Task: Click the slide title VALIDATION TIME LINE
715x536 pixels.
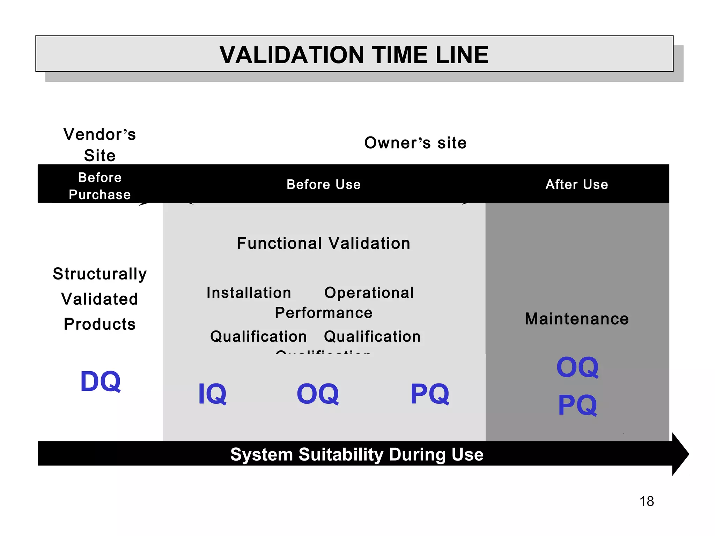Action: pos(354,55)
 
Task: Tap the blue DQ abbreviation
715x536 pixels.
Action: pos(101,381)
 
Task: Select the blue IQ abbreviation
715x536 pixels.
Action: pos(212,394)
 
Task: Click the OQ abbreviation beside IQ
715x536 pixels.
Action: pos(318,394)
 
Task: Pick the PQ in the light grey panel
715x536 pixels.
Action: pos(430,394)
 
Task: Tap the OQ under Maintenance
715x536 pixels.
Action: pos(577,367)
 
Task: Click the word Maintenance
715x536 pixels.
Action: pos(577,319)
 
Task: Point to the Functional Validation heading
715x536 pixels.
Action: pos(323,243)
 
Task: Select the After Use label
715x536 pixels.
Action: pos(577,184)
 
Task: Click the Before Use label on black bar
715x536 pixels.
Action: pos(323,184)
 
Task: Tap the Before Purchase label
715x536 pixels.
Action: pos(100,186)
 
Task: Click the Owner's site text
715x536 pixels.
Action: pos(415,143)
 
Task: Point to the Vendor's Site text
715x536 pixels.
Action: pos(100,144)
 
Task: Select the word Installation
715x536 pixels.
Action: pos(249,292)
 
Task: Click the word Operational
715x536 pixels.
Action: pos(369,292)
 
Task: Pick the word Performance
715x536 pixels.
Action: pos(323,313)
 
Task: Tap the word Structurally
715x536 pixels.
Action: pos(100,274)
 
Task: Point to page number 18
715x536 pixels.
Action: pos(647,501)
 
